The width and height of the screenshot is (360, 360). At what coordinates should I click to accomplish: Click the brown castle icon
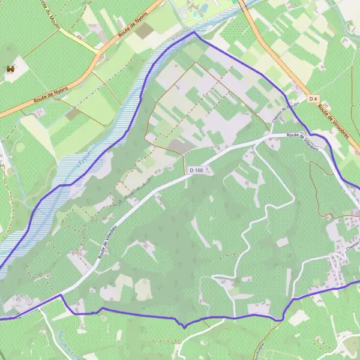coord(10,70)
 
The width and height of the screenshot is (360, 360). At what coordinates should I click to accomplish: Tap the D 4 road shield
coord(313,98)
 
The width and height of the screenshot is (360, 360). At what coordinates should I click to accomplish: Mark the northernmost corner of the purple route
coord(194,32)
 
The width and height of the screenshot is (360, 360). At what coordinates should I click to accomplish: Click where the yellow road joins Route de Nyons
coord(98,54)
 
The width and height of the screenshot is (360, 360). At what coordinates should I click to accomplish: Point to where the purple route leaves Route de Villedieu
coord(60,295)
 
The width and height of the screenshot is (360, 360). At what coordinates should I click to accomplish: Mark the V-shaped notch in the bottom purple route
coord(184,326)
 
